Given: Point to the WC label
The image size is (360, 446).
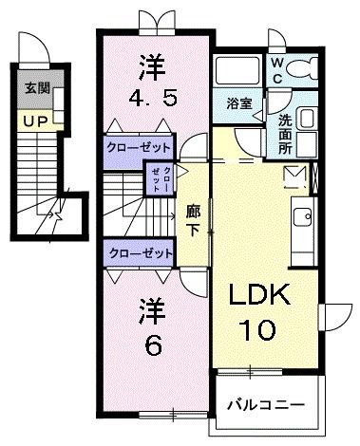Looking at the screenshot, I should click(276, 67).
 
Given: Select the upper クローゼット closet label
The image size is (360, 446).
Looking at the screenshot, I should click(140, 148).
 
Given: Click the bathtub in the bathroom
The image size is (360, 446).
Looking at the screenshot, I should click(238, 73).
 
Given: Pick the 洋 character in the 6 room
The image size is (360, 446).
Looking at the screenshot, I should click(152, 309).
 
